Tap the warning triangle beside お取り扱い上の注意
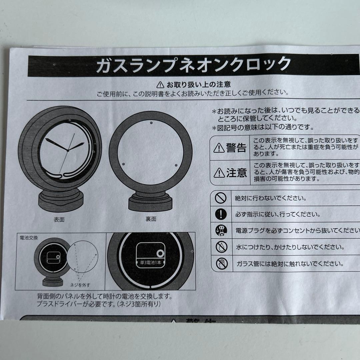coord(160,84)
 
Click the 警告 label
coord(230,147)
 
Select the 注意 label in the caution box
coord(230,172)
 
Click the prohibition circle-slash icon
coord(221,198)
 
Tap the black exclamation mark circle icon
coord(221,214)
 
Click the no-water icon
coord(221,247)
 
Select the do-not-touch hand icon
coord(221,263)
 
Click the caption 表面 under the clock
coord(59,220)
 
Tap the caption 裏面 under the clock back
coord(151,219)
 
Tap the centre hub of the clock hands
coord(67,151)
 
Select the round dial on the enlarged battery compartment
coord(161,254)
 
